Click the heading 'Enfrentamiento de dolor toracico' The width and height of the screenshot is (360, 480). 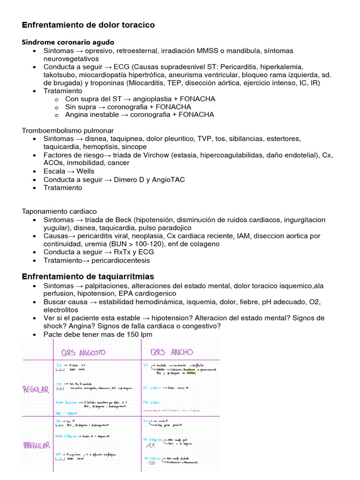coord(88,24)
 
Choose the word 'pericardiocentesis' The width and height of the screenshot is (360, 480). coord(121,260)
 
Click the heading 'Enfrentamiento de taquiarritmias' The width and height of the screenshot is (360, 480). coord(88,277)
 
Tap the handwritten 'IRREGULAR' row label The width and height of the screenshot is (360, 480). coord(37,446)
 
